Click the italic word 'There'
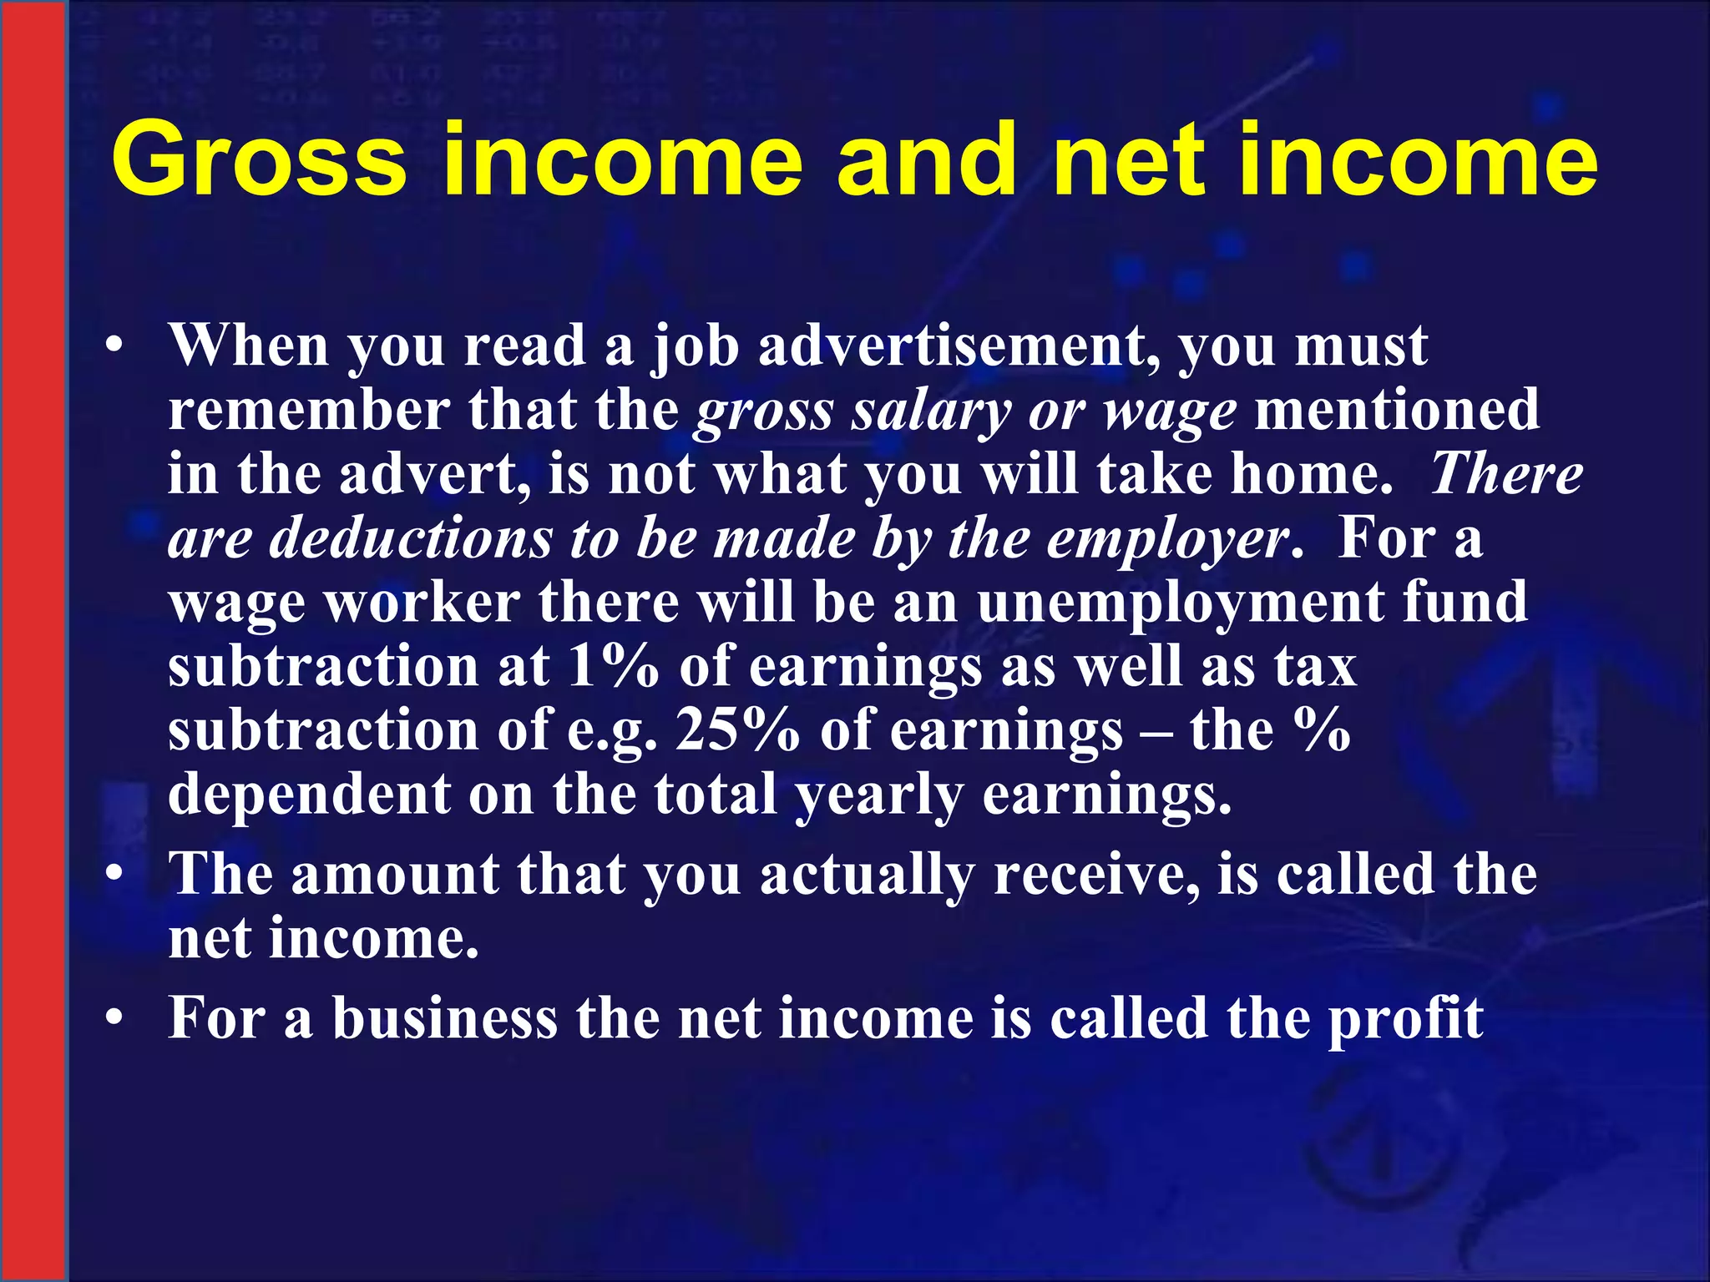(1507, 474)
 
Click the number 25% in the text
(737, 730)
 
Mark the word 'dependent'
(309, 793)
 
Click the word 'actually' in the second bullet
(867, 876)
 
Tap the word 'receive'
(1097, 876)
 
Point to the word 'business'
(445, 1018)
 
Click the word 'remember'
(309, 411)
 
